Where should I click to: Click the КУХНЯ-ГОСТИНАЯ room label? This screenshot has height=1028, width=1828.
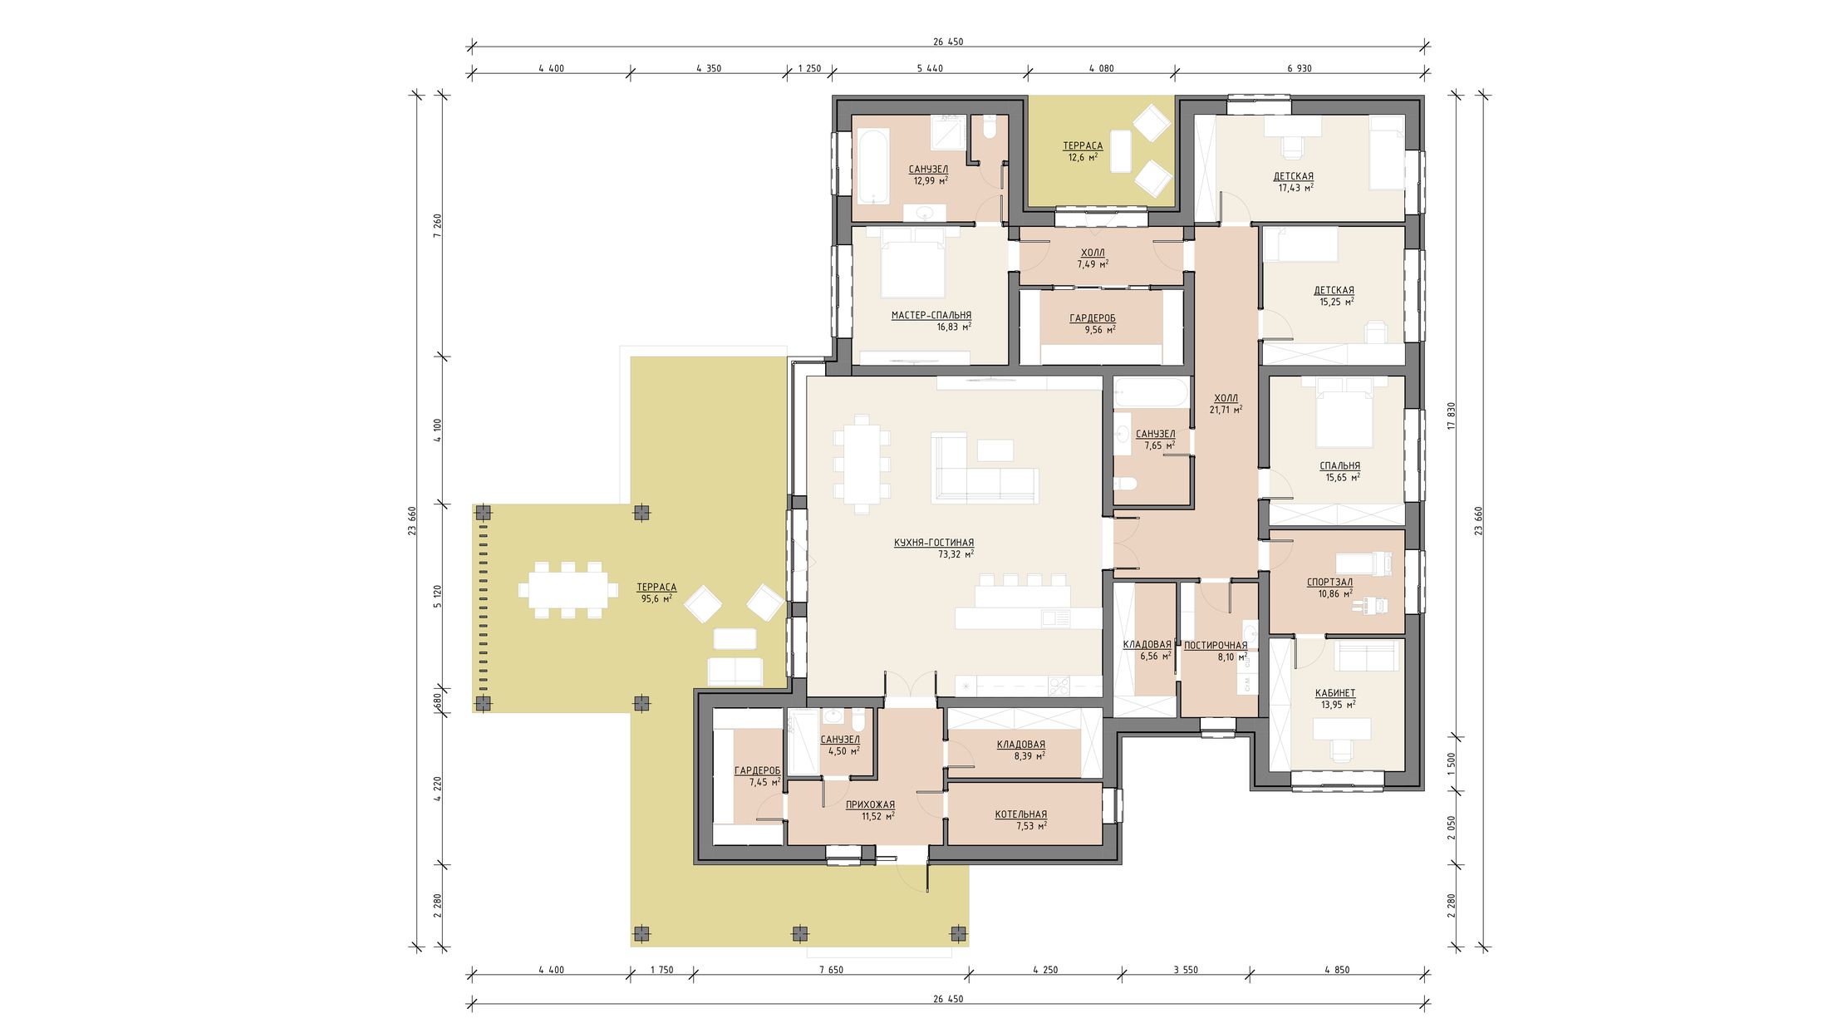coord(934,543)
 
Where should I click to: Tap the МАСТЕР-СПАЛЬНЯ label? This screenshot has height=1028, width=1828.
coord(931,316)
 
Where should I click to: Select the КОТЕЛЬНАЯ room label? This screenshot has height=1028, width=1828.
coord(1020,814)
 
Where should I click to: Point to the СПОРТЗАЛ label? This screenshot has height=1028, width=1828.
coord(1329,583)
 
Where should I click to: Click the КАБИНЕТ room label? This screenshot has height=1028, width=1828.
coord(1335,693)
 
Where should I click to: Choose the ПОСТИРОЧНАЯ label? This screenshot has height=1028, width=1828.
coord(1216,646)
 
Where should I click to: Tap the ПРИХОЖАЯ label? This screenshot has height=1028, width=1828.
coord(870,804)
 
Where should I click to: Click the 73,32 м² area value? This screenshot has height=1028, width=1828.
coord(956,554)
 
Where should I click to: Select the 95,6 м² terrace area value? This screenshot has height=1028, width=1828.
coord(656,598)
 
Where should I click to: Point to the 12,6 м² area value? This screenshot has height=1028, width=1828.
coord(1083,156)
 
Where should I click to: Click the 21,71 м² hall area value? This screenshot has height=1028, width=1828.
coord(1226,410)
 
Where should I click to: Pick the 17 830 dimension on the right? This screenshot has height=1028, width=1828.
coord(1452,416)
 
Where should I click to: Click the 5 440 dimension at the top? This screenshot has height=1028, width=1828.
coord(929,68)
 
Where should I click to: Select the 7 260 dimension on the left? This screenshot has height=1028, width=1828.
coord(438,226)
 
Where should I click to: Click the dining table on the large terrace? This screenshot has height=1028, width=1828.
coord(569,590)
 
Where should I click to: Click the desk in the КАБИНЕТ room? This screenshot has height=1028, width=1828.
coord(1340,729)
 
